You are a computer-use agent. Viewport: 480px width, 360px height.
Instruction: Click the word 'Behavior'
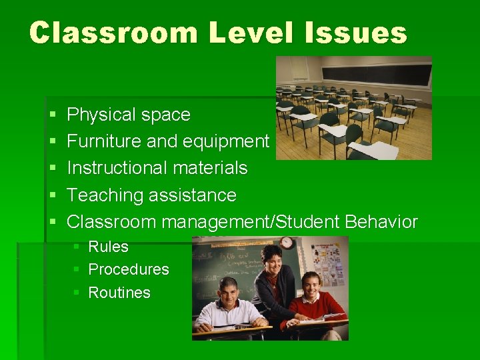(x=382, y=222)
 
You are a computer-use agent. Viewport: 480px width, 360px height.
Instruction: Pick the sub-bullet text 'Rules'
(x=108, y=247)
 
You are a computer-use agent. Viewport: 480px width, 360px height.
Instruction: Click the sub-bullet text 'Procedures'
(x=129, y=269)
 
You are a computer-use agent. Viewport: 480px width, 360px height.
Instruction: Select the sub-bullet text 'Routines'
(x=119, y=293)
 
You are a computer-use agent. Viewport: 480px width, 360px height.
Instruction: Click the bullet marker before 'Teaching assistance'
(x=53, y=196)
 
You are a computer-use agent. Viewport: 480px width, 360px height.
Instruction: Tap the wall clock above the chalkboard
(x=287, y=243)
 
